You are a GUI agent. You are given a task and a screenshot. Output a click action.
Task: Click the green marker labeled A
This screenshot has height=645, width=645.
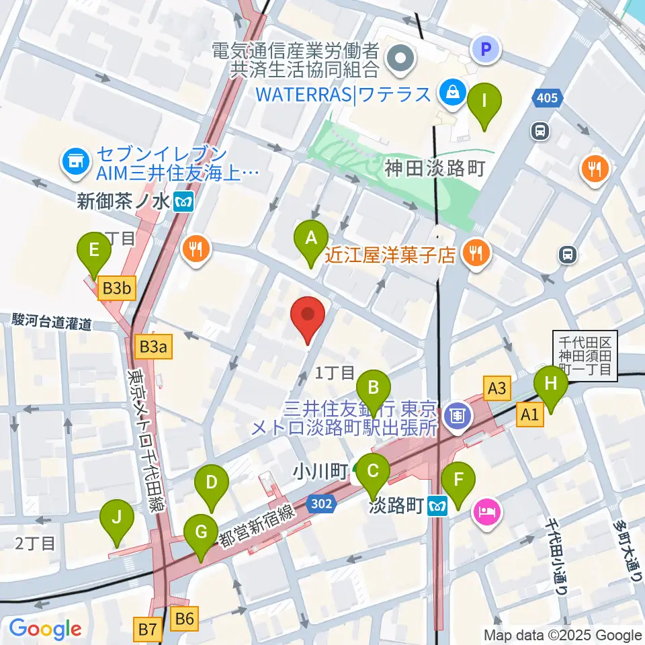311,239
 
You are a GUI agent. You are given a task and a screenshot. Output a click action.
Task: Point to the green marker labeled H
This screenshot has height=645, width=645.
550,386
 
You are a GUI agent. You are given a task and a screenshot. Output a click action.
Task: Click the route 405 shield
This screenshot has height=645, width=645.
547,99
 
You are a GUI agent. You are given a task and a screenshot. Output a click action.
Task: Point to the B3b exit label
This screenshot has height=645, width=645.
118,290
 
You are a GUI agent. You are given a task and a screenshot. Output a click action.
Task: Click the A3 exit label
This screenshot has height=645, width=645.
497,387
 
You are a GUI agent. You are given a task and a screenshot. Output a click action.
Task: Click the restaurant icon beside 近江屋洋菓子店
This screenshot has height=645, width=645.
478,253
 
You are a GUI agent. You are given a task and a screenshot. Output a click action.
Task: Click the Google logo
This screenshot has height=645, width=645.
45,629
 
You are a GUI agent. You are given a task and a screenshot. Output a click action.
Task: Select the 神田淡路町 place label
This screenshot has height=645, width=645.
435,168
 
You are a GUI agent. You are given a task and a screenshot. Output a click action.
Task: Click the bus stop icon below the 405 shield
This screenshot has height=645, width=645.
540,130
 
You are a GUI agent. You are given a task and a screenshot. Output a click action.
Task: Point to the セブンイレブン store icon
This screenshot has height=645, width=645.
73,161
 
